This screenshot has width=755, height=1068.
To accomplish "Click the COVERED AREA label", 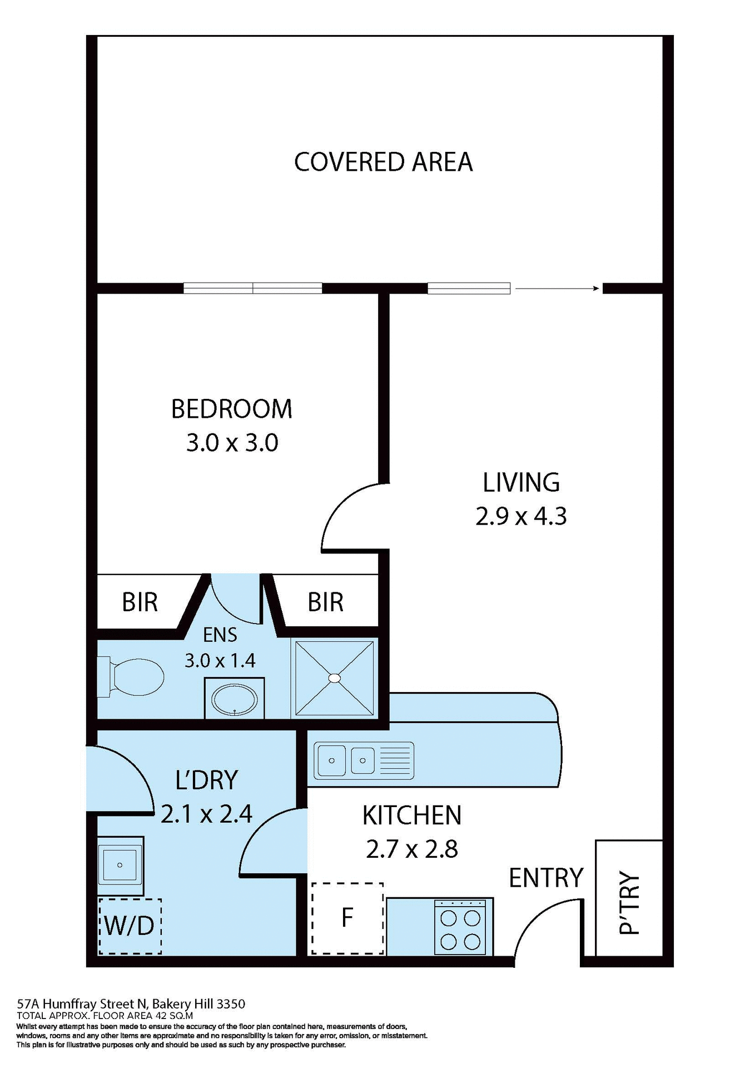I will point(383,162).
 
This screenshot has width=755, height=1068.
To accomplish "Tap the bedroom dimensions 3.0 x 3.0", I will point(232,443).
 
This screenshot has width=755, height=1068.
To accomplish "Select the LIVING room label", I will point(521,482).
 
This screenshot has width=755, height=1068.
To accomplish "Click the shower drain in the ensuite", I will point(334,678).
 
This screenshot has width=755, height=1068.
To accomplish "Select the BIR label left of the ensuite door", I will point(140,602).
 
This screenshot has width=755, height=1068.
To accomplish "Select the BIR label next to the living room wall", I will point(325,602).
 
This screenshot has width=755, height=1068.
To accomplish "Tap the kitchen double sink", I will point(347,760).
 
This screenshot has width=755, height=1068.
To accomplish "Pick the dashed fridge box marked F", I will point(347,918).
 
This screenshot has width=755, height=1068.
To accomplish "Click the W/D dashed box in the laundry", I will point(130,926).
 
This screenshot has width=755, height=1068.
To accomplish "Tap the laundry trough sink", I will point(120,865).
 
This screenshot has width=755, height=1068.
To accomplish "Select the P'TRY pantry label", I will point(629,902).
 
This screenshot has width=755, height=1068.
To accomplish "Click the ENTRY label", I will point(545,878).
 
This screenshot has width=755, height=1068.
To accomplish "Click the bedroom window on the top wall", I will point(253,288).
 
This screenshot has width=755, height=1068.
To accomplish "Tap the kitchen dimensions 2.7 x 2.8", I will point(412,849).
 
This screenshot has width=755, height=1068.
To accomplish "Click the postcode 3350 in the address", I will point(231,1004).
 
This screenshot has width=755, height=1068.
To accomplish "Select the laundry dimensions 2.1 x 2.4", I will point(206,814).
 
